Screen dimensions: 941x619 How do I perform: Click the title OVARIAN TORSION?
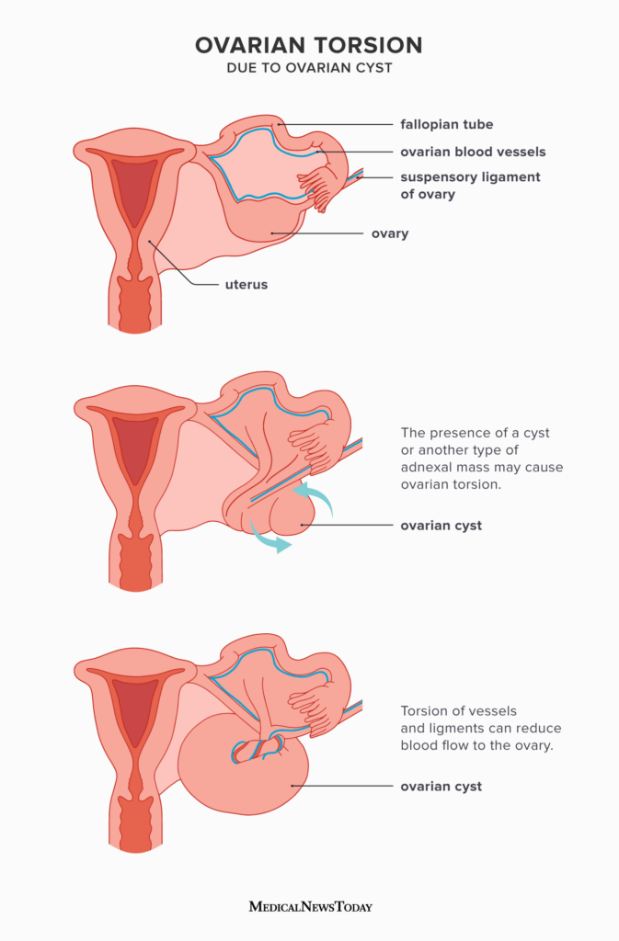(309, 45)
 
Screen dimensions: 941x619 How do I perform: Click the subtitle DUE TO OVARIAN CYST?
(309, 70)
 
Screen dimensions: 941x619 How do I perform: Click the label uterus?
(246, 285)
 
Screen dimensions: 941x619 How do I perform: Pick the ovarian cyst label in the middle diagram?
(441, 526)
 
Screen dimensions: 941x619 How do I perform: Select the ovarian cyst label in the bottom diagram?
(441, 787)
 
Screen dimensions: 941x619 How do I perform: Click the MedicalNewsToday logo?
(310, 906)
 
